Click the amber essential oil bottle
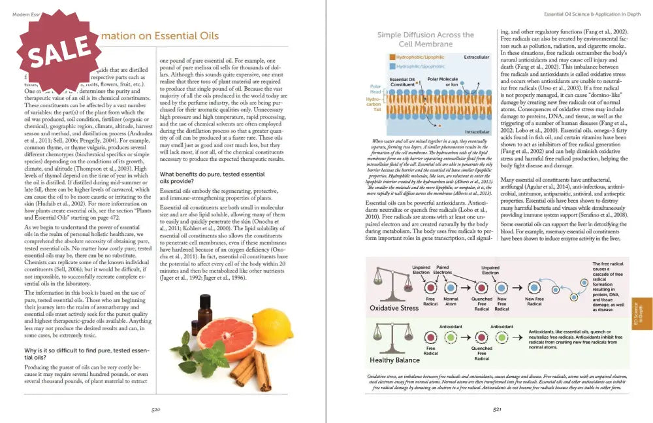(204, 309)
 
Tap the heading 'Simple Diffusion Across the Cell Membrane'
(425, 39)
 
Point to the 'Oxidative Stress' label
(394, 307)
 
